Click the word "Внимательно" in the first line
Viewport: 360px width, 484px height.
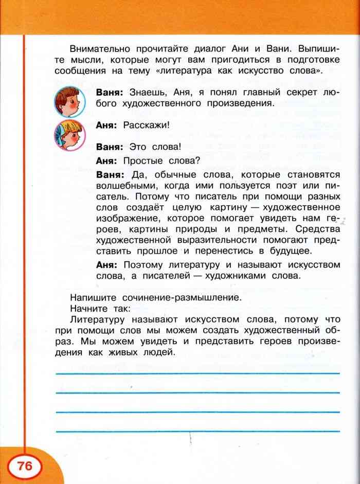click(99, 49)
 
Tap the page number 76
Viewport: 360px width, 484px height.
click(25, 466)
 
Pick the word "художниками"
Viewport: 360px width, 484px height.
click(242, 276)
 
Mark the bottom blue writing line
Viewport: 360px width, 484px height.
click(197, 431)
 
